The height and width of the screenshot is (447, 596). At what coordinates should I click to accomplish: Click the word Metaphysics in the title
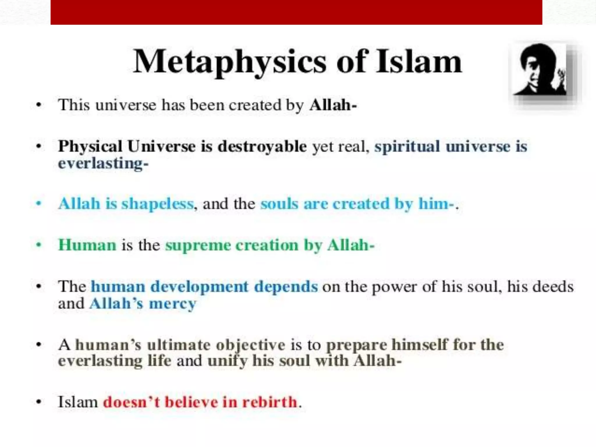[229, 62]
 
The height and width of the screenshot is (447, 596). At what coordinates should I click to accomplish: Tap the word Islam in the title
[418, 62]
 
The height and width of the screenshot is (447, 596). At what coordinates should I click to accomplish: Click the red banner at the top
[296, 12]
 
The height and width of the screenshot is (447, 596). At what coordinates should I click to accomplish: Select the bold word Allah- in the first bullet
[333, 105]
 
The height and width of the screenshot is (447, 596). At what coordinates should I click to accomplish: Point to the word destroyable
[262, 146]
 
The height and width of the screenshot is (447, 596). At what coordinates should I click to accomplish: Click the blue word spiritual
[407, 146]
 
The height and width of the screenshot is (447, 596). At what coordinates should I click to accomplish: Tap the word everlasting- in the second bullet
[103, 163]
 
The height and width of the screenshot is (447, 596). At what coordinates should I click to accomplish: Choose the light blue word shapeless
[157, 204]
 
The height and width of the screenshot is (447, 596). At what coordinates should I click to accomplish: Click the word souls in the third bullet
[279, 204]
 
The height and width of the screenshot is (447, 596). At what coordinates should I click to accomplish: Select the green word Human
[87, 245]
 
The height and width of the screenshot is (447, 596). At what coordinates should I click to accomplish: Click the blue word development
[199, 287]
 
